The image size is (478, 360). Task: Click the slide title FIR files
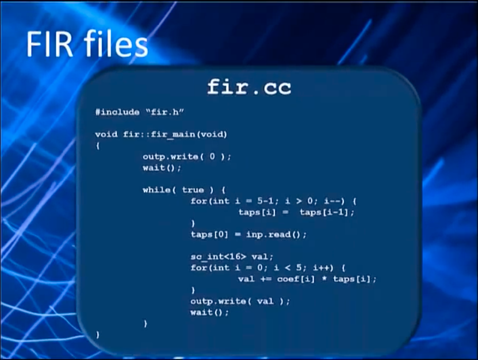(x=87, y=44)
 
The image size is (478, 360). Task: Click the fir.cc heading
(x=249, y=87)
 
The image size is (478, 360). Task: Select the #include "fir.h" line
(x=139, y=112)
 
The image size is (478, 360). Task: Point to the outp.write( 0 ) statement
(x=187, y=156)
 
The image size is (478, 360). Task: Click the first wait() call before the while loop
(x=162, y=168)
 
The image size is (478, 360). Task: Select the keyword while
(x=156, y=190)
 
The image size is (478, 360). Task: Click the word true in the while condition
(x=193, y=190)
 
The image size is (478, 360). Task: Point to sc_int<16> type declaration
(x=218, y=256)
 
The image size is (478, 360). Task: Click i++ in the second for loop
(x=323, y=267)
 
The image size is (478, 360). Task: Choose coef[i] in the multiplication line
(x=296, y=279)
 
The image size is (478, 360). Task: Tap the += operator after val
(x=266, y=279)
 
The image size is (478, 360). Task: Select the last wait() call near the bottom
(x=209, y=312)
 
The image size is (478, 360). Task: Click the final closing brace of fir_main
(x=98, y=335)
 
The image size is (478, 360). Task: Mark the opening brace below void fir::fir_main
(x=98, y=145)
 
